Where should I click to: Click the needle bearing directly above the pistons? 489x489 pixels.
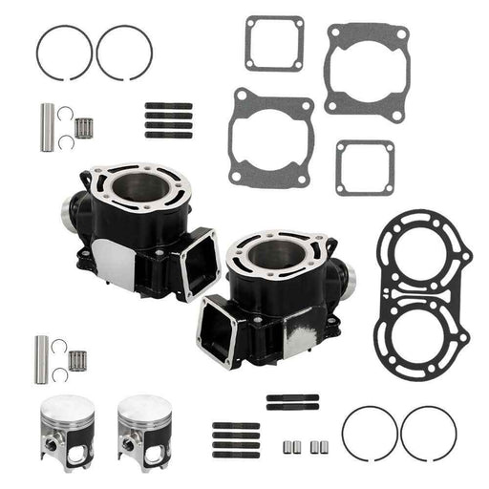82,359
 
